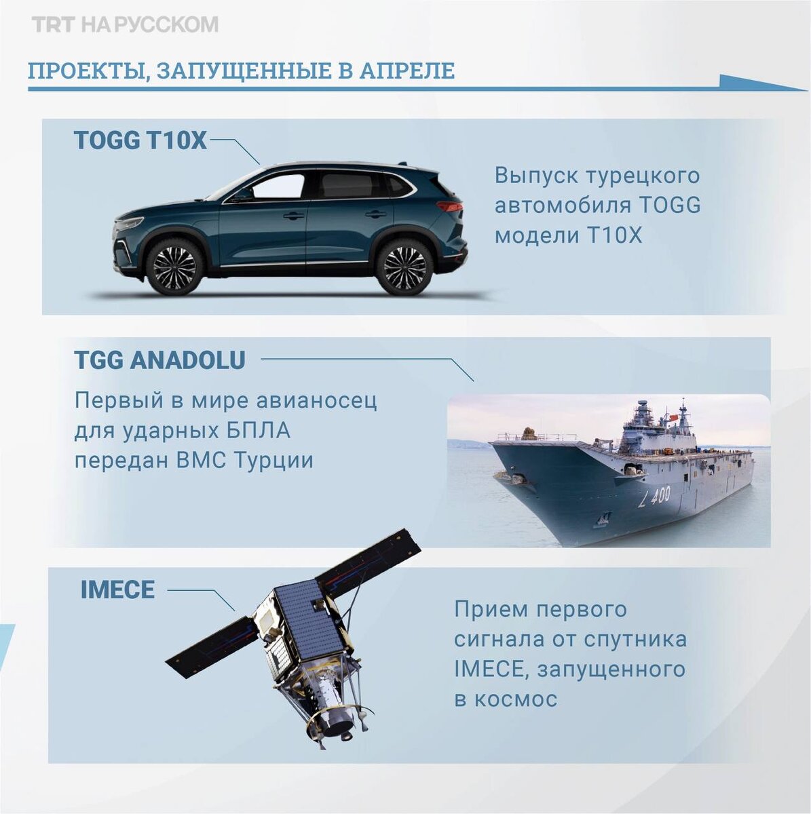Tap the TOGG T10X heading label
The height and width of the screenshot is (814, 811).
[140, 140]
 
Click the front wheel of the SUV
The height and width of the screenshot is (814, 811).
[174, 267]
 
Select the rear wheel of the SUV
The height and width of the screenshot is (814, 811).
[404, 267]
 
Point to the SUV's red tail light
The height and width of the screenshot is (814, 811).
[450, 207]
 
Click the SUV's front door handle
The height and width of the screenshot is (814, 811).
[294, 216]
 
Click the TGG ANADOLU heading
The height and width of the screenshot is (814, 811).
[159, 360]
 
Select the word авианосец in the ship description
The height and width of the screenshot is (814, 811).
[316, 401]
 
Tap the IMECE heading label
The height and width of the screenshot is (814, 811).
[117, 589]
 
